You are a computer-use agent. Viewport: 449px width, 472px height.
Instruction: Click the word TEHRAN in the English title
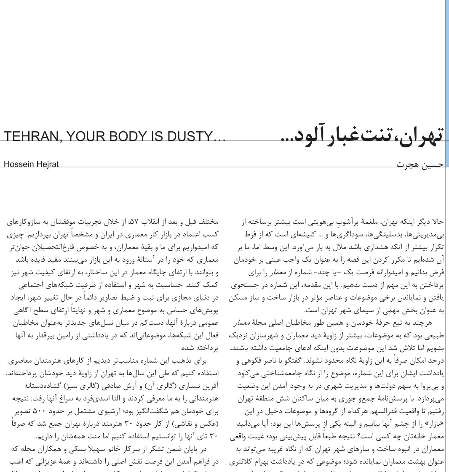29,136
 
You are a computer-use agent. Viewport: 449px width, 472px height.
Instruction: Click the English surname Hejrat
47,164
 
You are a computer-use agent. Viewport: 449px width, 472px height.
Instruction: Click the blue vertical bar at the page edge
446,84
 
